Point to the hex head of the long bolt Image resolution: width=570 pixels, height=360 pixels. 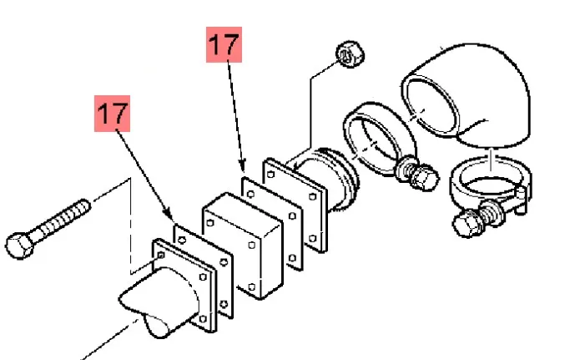click(17, 245)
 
